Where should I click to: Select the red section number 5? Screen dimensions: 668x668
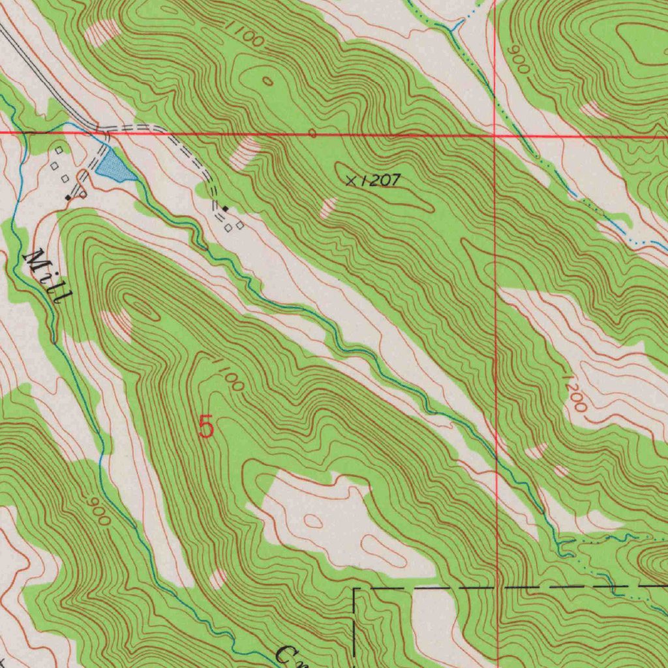coord(205,428)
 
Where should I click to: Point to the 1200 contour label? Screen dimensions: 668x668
coord(575,393)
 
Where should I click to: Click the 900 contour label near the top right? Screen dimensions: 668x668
coord(519,61)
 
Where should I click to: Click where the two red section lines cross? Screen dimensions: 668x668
coord(495,136)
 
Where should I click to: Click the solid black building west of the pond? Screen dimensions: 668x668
coord(68,197)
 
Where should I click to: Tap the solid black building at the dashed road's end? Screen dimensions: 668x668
coord(225,208)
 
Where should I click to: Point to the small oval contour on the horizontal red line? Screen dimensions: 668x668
coord(312,134)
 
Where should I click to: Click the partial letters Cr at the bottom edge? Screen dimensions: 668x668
coord(287,655)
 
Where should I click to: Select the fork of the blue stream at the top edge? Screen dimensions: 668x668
coord(455,29)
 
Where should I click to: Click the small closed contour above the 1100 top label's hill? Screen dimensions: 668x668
coord(267,81)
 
